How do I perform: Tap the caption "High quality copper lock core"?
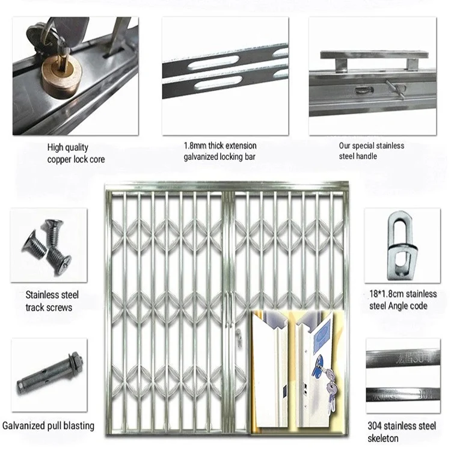click(76, 153)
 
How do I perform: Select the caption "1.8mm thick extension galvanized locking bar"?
click(220, 152)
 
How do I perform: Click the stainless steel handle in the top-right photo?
click(372, 57)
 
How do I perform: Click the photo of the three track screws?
click(48, 247)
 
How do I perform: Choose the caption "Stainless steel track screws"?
click(52, 301)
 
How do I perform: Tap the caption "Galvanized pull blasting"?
click(48, 426)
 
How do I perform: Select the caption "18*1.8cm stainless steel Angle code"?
click(402, 300)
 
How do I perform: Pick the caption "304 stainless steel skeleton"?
click(402, 431)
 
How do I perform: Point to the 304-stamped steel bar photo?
click(402, 375)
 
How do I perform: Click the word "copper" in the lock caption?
click(61, 160)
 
